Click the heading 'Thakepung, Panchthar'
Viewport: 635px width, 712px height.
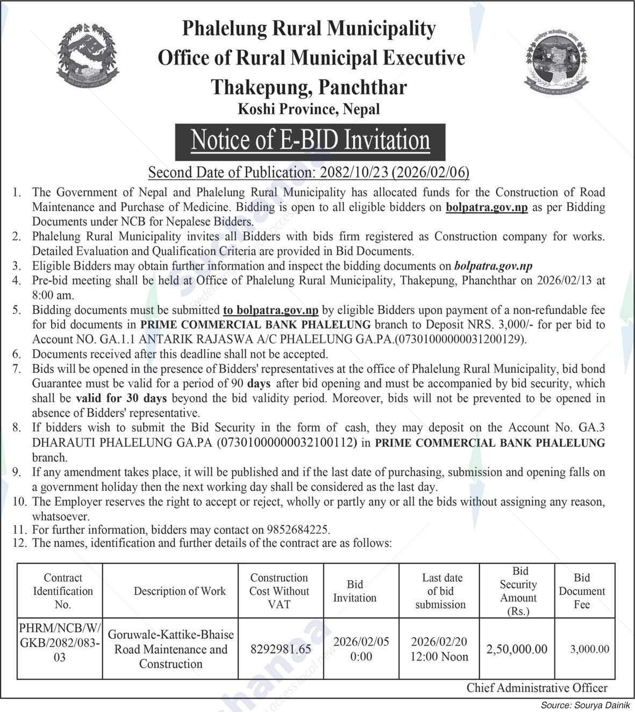(x=309, y=87)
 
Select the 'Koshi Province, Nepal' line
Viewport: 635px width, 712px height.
(x=309, y=110)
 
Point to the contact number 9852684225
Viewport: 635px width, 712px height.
(x=302, y=530)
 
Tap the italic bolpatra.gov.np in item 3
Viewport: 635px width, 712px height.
(x=493, y=266)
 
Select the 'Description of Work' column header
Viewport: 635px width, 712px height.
(x=180, y=591)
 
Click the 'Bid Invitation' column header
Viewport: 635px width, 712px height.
(x=355, y=591)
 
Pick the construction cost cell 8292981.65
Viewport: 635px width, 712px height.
(x=281, y=649)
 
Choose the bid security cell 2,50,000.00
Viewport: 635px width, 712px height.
(x=517, y=649)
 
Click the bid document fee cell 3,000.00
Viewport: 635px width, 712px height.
(x=590, y=649)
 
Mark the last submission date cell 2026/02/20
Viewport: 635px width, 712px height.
(x=439, y=649)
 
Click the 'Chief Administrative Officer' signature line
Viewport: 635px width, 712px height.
(x=537, y=688)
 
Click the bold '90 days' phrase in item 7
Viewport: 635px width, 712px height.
(x=248, y=384)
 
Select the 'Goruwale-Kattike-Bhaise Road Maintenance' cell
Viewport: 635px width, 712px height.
(x=170, y=649)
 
